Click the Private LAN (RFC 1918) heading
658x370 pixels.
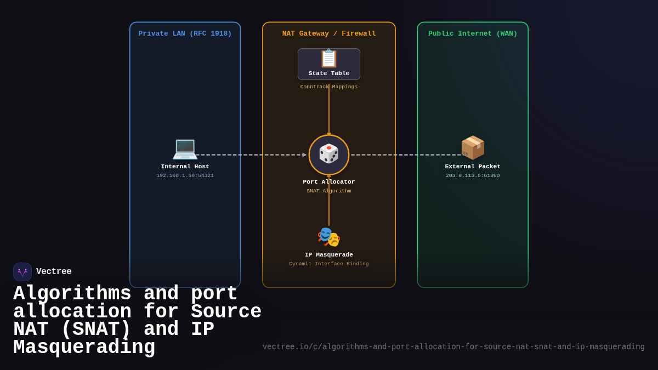[x=185, y=34]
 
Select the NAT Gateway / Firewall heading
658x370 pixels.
[x=329, y=34]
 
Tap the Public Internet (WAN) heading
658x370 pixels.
[x=473, y=34]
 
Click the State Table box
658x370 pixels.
[x=329, y=65]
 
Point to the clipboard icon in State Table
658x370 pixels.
[x=329, y=58]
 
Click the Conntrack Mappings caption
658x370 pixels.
[x=329, y=87]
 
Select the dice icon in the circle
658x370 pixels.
[x=329, y=154]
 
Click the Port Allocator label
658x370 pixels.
[x=329, y=182]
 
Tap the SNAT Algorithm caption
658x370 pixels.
[x=329, y=191]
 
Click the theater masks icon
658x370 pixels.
[x=329, y=237]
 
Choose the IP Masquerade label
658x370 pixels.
[x=329, y=255]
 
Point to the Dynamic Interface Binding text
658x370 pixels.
[x=329, y=264]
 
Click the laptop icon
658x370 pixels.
[x=185, y=148]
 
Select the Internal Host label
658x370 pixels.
[x=185, y=167]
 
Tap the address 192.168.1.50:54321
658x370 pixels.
[x=185, y=176]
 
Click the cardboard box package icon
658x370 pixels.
[x=473, y=147]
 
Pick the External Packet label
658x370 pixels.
[x=473, y=167]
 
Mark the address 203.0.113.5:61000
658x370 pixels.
[x=473, y=176]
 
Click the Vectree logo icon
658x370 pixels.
[x=22, y=272]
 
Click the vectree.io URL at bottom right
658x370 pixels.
[x=453, y=347]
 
